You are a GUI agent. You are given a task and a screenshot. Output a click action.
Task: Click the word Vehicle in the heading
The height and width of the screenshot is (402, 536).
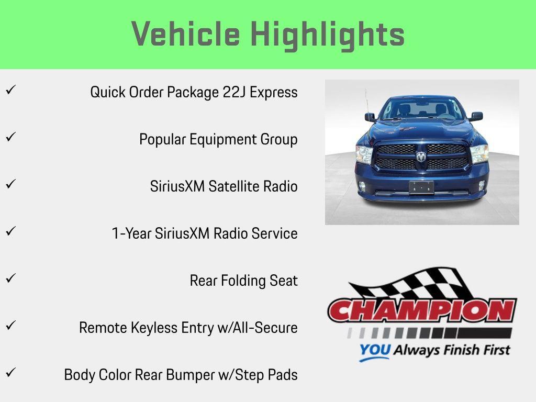[x=185, y=35]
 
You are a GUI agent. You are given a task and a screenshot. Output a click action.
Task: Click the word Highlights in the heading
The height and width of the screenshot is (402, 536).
[x=327, y=35]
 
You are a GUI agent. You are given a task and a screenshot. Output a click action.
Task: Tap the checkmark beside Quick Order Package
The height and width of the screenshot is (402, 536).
[x=10, y=90]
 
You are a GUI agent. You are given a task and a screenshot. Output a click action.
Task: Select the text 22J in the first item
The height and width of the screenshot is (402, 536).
[x=234, y=92]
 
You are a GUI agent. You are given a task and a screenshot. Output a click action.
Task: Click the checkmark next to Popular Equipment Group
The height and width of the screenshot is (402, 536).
[x=10, y=137]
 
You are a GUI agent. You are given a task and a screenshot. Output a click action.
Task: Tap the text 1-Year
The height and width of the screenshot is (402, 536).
[x=131, y=233]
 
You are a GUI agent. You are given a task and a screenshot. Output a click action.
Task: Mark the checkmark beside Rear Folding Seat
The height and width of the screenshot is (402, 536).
[x=10, y=278]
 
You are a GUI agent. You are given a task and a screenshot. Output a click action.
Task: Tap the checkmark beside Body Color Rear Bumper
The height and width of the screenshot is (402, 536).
[x=10, y=373]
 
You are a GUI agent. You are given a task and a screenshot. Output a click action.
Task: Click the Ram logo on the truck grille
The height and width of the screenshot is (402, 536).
[x=421, y=156]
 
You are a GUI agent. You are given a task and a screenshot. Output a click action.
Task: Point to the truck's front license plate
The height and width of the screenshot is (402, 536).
[x=421, y=187]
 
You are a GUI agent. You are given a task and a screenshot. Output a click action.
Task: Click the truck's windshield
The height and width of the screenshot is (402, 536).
[x=421, y=108]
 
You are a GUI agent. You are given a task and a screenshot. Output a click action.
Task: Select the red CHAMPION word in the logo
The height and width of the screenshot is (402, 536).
[x=422, y=311]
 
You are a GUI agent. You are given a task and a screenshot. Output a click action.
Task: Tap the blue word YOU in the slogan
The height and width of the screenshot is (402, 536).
[x=374, y=350]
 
